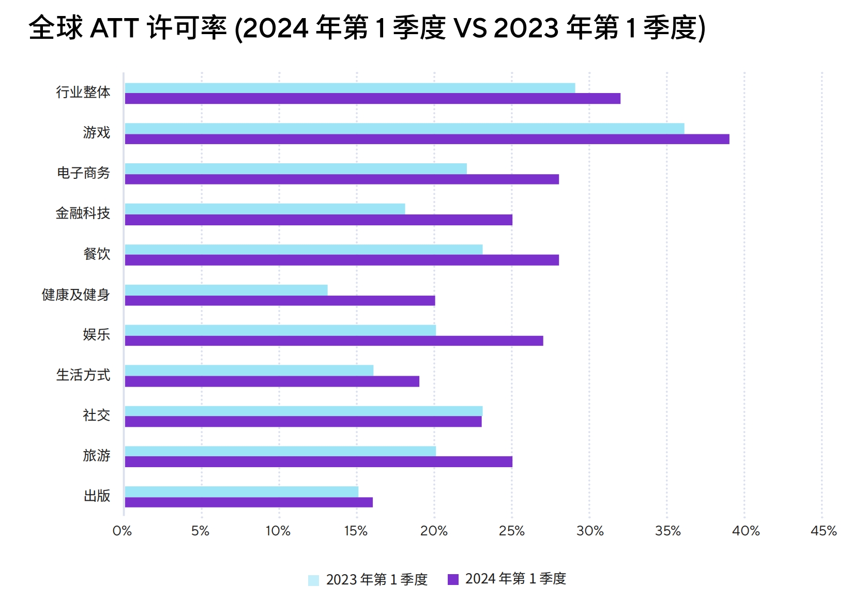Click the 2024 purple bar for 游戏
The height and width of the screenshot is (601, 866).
427,139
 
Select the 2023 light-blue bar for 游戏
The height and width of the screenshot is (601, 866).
404,128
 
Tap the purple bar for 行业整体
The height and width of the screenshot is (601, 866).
372,99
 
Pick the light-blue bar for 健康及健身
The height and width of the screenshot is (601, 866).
226,290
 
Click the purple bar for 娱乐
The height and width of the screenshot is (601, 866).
333,341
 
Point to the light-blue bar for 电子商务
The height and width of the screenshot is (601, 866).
296,168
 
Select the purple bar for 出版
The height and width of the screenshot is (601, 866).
249,502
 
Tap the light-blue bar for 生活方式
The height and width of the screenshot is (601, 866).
249,370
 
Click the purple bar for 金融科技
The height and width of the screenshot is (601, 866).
318,220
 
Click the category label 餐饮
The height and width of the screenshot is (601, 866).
97,254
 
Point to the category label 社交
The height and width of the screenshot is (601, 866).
97,415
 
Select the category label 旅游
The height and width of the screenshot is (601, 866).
97,455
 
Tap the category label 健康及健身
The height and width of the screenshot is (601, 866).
76,295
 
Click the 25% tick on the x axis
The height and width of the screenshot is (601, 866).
511,531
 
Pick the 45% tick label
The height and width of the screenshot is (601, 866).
823,531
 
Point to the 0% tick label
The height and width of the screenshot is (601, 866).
122,531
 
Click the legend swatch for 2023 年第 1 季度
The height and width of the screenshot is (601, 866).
313,580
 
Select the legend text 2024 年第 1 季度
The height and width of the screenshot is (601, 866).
515,579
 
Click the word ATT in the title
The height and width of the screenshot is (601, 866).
114,28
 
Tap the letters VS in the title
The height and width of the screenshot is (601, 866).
470,28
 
